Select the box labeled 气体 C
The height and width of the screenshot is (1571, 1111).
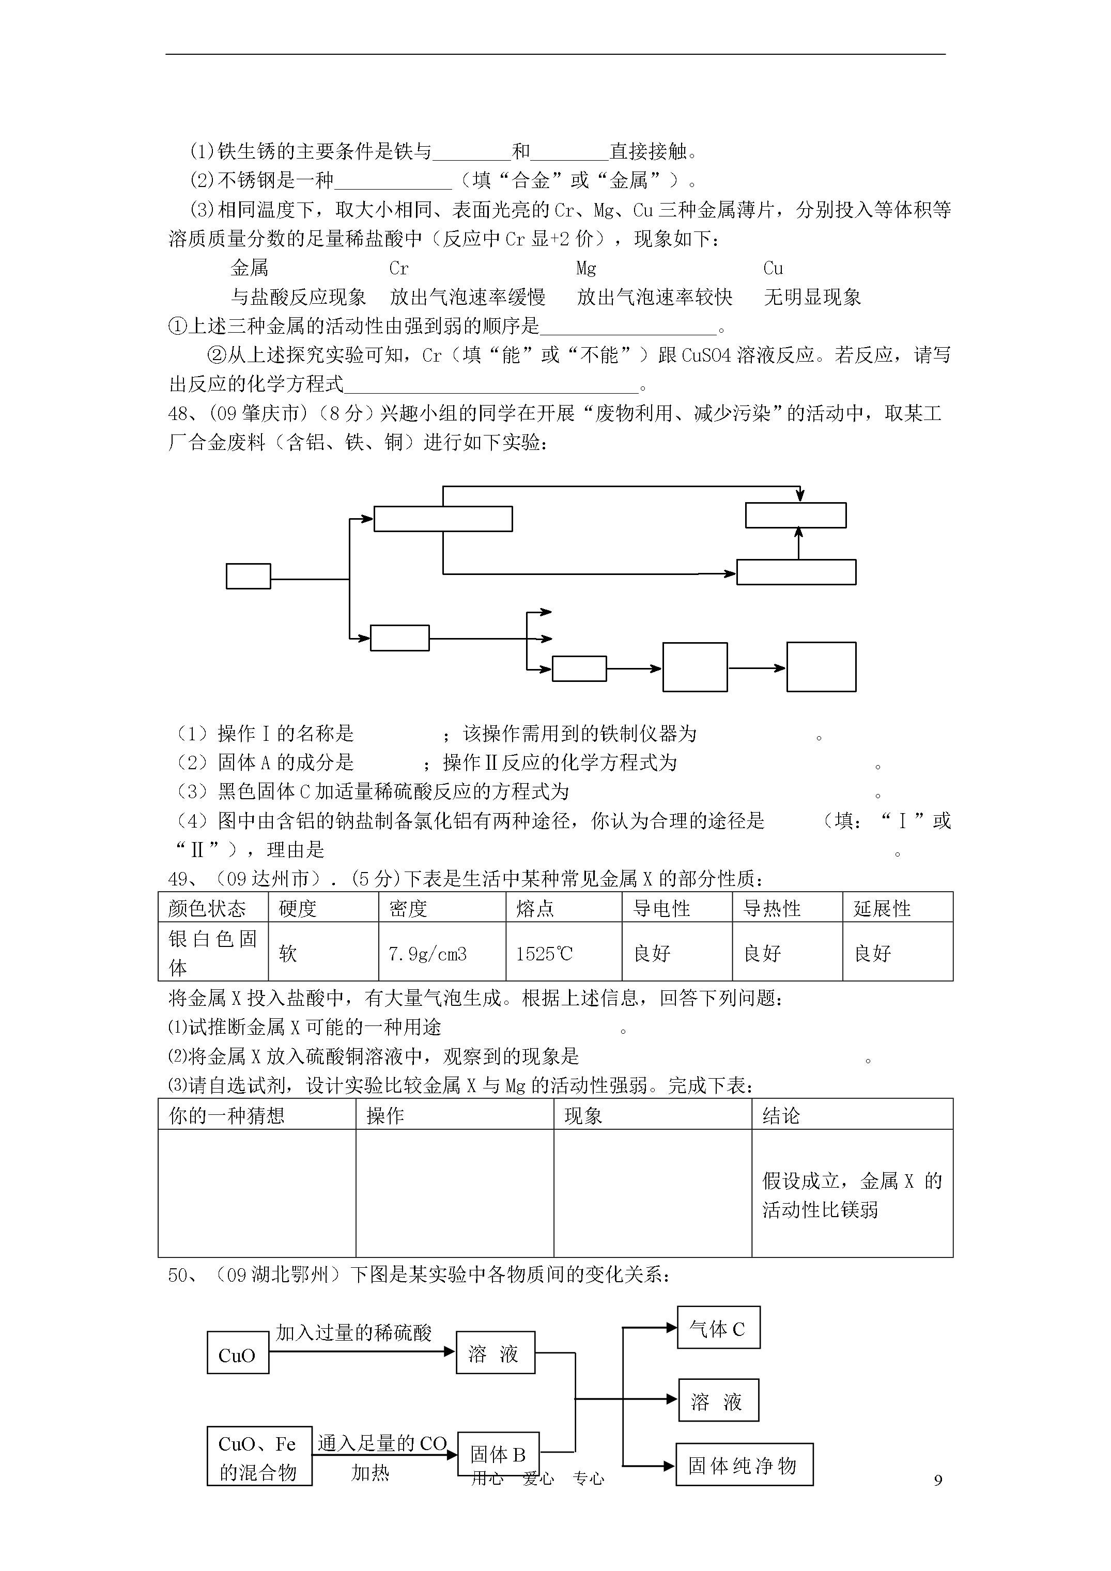(x=718, y=1329)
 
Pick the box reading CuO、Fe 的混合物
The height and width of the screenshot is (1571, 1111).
(x=259, y=1455)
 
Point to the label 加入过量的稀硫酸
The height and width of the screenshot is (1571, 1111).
(x=354, y=1332)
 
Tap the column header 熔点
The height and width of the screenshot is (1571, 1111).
(x=535, y=908)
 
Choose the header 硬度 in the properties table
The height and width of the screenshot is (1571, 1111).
(x=298, y=908)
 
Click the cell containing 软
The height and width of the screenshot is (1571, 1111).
(x=288, y=954)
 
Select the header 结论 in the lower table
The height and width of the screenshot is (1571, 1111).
(x=781, y=1115)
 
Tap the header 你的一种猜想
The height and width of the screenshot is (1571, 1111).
(x=226, y=1115)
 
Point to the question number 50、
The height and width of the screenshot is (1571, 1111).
(x=183, y=1274)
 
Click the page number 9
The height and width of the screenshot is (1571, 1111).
(x=938, y=1480)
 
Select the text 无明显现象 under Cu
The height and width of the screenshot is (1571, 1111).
(x=812, y=297)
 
